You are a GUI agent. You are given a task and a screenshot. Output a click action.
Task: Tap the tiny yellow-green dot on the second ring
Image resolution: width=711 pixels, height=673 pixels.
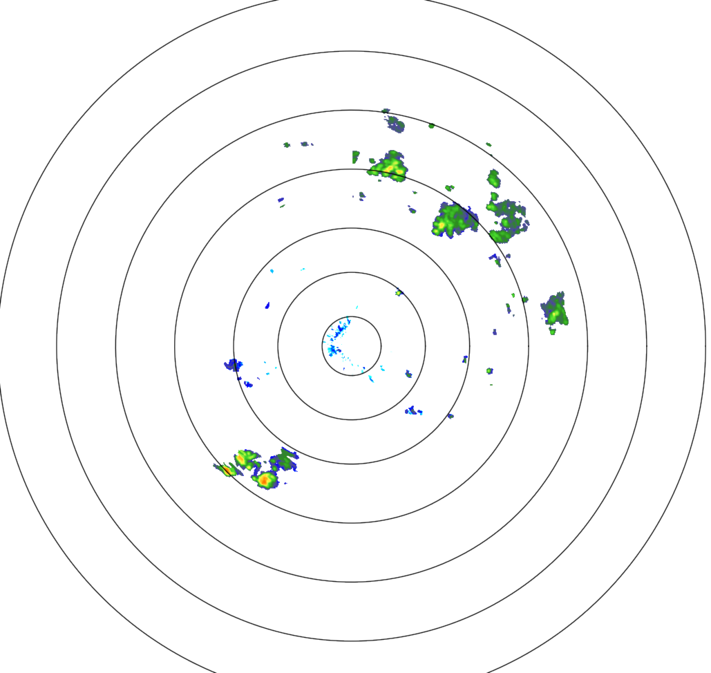click(399, 293)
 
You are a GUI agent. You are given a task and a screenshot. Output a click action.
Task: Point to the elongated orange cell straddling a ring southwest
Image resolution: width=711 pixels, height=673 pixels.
click(227, 470)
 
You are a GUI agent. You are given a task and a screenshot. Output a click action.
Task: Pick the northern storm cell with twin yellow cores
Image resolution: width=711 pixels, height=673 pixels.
click(390, 167)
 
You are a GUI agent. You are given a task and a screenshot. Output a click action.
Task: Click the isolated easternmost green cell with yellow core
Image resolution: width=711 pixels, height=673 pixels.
click(555, 309)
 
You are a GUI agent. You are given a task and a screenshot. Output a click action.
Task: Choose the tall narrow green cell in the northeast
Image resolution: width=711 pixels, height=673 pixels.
click(493, 178)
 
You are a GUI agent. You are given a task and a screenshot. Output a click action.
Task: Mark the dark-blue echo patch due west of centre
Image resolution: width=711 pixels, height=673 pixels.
click(234, 364)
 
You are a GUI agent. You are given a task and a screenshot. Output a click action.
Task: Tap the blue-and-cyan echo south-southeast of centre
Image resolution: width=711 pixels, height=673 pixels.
click(413, 411)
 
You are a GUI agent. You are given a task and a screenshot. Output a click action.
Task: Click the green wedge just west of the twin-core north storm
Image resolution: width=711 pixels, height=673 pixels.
click(356, 157)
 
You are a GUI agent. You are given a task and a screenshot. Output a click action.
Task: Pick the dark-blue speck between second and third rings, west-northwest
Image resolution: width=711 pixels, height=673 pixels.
click(267, 305)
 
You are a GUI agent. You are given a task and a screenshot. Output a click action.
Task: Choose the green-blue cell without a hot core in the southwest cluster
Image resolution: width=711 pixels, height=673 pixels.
click(283, 459)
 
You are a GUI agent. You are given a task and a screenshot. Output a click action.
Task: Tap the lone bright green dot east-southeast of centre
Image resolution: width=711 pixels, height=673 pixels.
click(489, 371)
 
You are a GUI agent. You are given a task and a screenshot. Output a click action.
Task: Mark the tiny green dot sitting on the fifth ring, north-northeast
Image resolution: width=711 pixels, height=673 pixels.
click(431, 126)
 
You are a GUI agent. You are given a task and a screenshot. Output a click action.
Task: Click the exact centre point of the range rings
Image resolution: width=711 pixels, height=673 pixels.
click(352, 346)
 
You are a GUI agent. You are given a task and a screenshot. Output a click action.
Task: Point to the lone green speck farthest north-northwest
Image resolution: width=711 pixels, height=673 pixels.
click(287, 145)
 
